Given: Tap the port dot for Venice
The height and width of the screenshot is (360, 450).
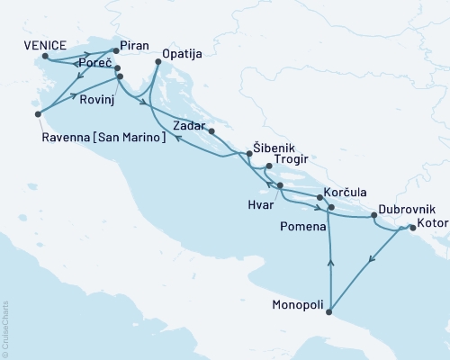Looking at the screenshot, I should pyautogui.click(x=45, y=56).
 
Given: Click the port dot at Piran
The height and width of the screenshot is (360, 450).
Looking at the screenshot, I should pyautogui.click(x=115, y=50).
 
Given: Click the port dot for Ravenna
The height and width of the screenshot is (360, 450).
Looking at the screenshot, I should pyautogui.click(x=38, y=114).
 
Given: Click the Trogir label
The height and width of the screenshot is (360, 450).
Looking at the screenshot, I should pyautogui.click(x=291, y=161).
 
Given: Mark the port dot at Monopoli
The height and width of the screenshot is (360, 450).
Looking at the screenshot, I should pyautogui.click(x=330, y=313).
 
